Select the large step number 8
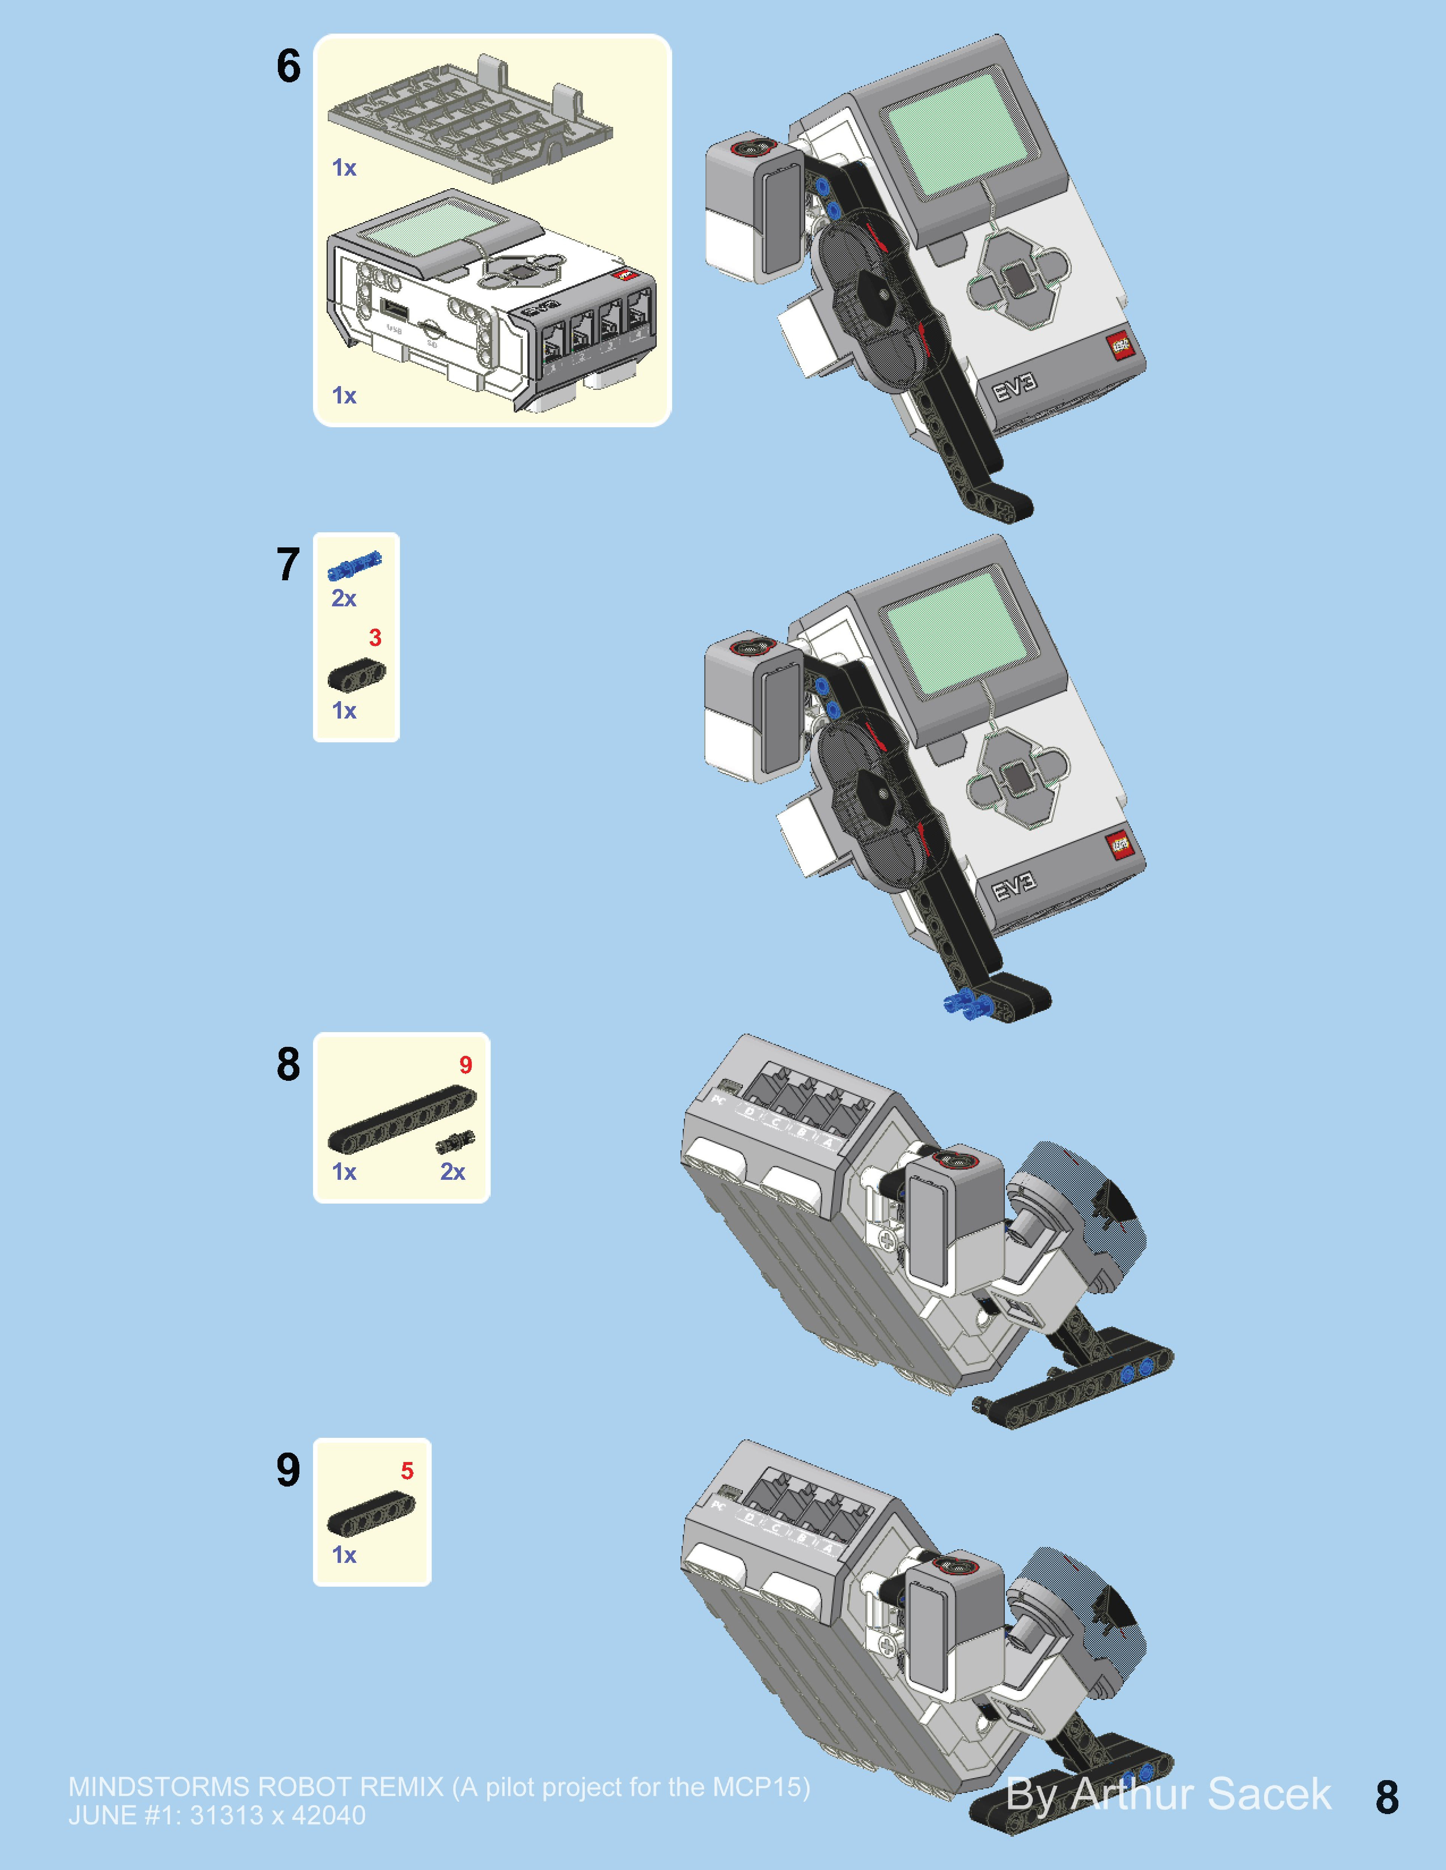[x=289, y=1064]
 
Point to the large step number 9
[x=289, y=1469]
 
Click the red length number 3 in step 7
[x=375, y=638]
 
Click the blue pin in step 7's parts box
[x=355, y=565]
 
